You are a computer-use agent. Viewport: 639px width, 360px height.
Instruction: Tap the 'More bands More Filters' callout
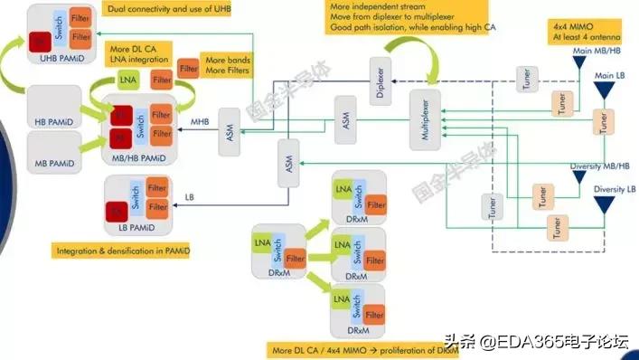226,64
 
